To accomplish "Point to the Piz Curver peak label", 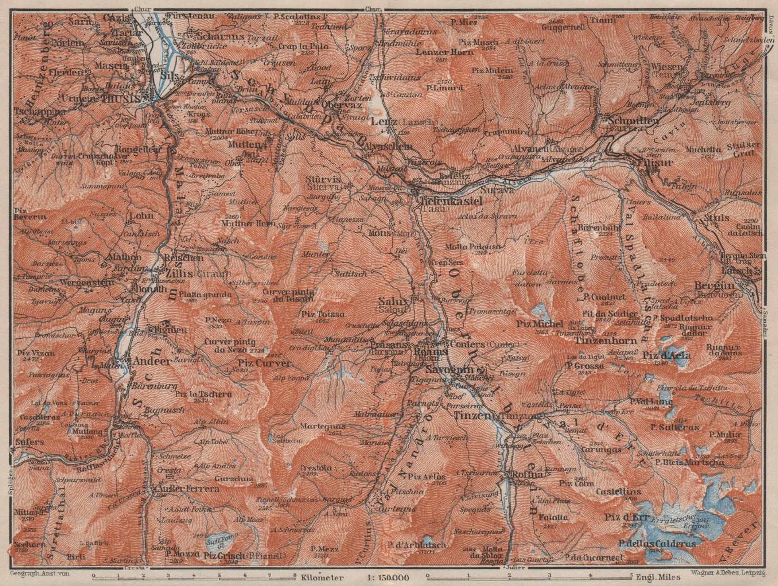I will (265, 363).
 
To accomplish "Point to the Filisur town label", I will (653, 162).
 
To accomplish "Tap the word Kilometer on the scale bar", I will (322, 578).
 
